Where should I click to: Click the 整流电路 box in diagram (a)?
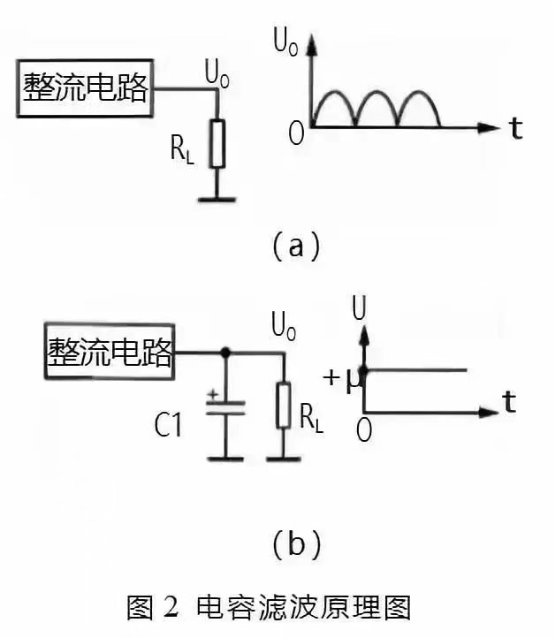pyautogui.click(x=85, y=88)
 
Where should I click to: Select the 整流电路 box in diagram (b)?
pyautogui.click(x=110, y=353)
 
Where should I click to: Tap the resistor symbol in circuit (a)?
pyautogui.click(x=217, y=142)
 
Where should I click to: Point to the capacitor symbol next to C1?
pyautogui.click(x=225, y=408)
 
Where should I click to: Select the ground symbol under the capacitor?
pyautogui.click(x=225, y=458)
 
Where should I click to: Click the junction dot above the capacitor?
pyautogui.click(x=225, y=353)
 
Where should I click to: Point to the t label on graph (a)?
pyautogui.click(x=515, y=128)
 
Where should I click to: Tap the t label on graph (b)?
pyautogui.click(x=509, y=403)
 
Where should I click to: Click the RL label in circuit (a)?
pyautogui.click(x=181, y=151)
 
